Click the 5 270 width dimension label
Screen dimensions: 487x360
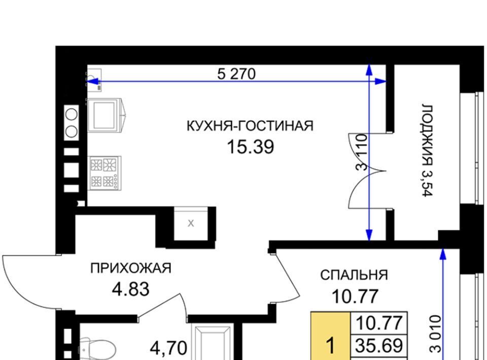click(236, 74)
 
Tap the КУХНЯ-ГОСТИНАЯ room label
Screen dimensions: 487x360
click(250, 126)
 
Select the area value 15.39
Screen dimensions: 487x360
click(251, 147)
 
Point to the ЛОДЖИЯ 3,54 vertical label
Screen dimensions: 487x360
click(427, 150)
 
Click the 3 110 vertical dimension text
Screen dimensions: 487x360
click(362, 152)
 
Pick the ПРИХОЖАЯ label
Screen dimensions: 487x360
click(131, 268)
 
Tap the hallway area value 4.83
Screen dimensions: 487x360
click(131, 289)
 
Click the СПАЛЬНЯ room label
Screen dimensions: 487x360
click(354, 275)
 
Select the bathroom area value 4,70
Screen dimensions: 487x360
click(168, 348)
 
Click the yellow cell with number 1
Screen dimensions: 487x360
click(331, 336)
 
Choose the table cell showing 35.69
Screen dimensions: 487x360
click(379, 345)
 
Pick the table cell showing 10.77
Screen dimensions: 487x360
click(379, 323)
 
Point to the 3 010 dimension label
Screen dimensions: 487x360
click(435, 334)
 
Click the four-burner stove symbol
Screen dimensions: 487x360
click(105, 173)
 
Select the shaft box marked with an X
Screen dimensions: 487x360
click(191, 223)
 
